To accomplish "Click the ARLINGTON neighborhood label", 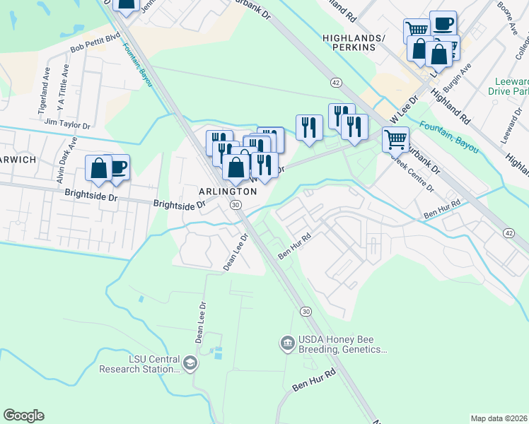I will pos(227,192).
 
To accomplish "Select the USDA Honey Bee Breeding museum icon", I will pos(287,343).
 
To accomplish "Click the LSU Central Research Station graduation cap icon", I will pos(190,363).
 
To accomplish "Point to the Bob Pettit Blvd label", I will pos(95,45).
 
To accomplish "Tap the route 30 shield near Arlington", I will pos(236,204).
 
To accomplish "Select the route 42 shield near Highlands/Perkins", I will pos(336,83).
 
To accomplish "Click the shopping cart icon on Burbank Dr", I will pos(395,139).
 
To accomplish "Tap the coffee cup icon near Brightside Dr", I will pos(117,167).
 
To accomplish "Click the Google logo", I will pos(23,416).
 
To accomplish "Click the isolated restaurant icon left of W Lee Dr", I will pos(309,127).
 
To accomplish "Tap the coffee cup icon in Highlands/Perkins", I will pos(443,23).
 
